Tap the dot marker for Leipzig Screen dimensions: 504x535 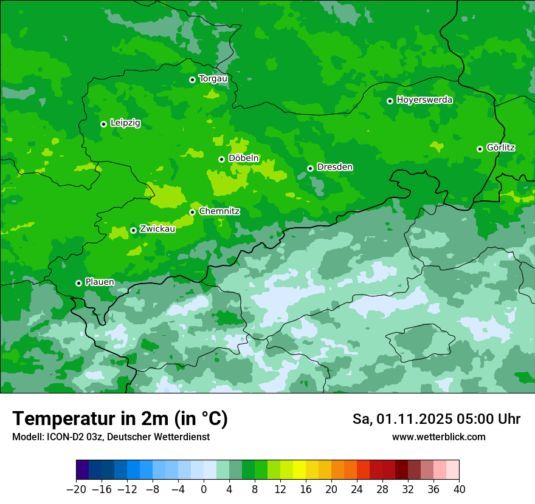click(x=103, y=124)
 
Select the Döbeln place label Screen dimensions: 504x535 click(x=243, y=158)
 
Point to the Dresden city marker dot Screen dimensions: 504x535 click(x=310, y=168)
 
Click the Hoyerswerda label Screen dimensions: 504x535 click(x=424, y=100)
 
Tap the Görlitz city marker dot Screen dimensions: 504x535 click(x=480, y=149)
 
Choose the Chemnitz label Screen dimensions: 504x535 click(x=219, y=211)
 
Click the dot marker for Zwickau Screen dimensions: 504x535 click(x=133, y=230)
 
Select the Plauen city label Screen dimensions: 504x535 click(x=100, y=282)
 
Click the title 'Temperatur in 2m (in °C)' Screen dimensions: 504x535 click(x=120, y=418)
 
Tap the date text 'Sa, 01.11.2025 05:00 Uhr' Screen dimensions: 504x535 click(x=437, y=419)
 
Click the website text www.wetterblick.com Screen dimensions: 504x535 click(x=438, y=437)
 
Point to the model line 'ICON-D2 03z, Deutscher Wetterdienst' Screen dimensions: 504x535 click(x=111, y=437)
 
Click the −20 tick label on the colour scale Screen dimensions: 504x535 click(x=76, y=489)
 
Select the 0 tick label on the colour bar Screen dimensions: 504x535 click(x=204, y=489)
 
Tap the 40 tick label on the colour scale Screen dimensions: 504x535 click(x=459, y=489)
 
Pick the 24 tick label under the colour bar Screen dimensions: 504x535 click(x=357, y=489)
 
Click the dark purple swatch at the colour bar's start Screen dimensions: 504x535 click(x=83, y=470)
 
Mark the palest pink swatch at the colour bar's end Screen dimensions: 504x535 click(x=452, y=470)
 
